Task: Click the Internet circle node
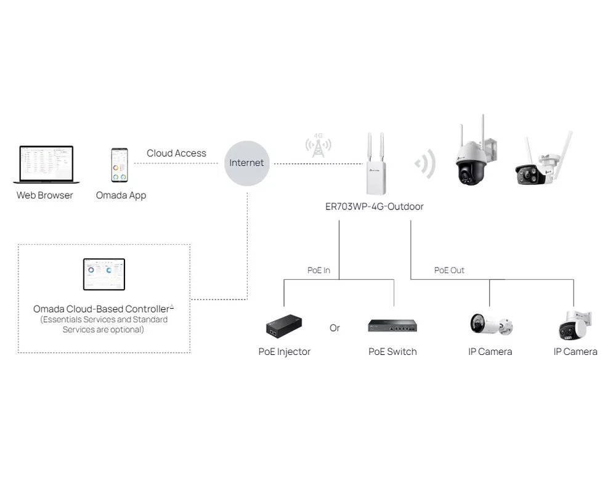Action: click(246, 163)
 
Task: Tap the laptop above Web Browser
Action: click(46, 165)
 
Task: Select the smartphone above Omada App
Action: click(120, 165)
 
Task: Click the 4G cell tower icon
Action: click(318, 145)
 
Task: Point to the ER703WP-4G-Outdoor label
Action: click(374, 206)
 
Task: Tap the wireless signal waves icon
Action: click(426, 163)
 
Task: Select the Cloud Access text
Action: click(176, 153)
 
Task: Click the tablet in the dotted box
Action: click(104, 274)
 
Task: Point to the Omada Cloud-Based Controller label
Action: click(102, 309)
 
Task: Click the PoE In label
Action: click(318, 270)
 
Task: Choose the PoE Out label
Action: click(449, 270)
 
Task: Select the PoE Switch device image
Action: click(392, 325)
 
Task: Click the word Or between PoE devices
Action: click(334, 328)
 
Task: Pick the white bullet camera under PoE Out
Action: click(490, 324)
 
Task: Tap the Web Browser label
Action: click(44, 195)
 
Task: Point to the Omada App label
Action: click(121, 195)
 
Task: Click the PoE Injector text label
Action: click(284, 352)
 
